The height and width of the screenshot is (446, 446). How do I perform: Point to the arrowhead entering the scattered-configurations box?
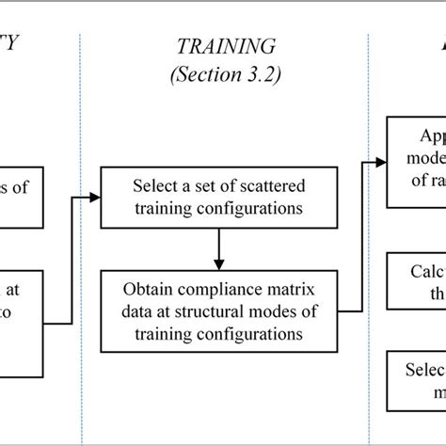click(96, 171)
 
